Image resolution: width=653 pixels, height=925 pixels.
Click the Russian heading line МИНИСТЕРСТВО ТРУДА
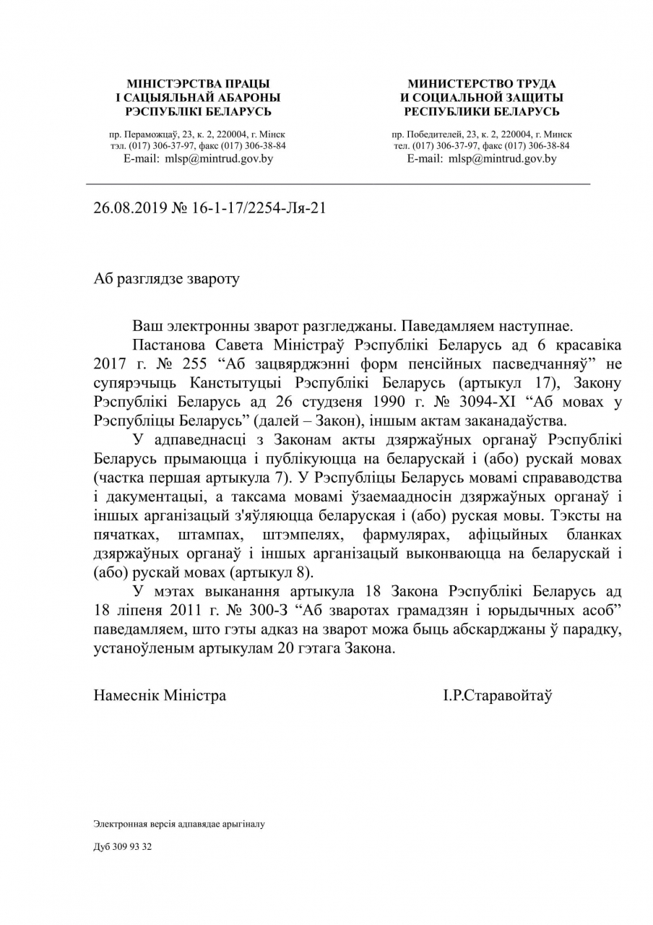click(x=482, y=84)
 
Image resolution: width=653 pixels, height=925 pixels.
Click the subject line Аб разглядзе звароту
click(x=166, y=279)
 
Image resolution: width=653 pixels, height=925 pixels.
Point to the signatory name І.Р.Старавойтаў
click(x=498, y=695)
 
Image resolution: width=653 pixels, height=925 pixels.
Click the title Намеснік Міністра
click(x=160, y=695)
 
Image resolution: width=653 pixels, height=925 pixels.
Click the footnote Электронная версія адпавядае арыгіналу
click(x=179, y=824)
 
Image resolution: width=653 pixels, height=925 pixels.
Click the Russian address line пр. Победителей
click(x=482, y=134)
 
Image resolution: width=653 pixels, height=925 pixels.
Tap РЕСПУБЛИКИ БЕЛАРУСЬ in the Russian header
click(x=482, y=111)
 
